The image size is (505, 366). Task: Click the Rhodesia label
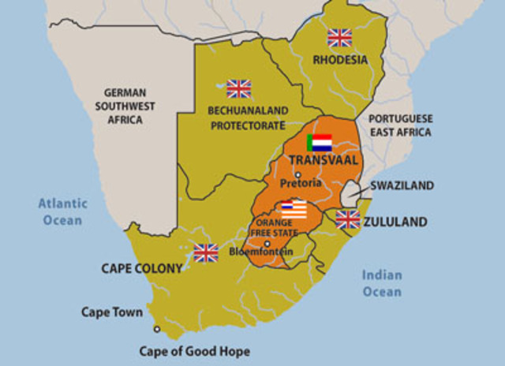pyautogui.click(x=339, y=59)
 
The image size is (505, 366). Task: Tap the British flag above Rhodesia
pyautogui.click(x=339, y=38)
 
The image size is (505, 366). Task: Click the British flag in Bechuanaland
pyautogui.click(x=238, y=88)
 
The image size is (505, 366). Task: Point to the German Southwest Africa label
pyautogui.click(x=125, y=106)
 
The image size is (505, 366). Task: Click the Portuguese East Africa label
pyautogui.click(x=402, y=125)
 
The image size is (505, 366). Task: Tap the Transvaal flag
pyautogui.click(x=320, y=143)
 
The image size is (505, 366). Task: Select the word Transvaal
pyautogui.click(x=324, y=160)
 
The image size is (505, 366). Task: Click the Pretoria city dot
pyautogui.click(x=297, y=174)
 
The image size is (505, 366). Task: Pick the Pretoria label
pyautogui.click(x=301, y=183)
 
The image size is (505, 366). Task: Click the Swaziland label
pyautogui.click(x=402, y=185)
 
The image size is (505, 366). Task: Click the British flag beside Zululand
pyautogui.click(x=347, y=219)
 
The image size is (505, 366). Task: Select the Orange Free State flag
pyautogui.click(x=294, y=209)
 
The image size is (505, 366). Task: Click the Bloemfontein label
pyautogui.click(x=260, y=252)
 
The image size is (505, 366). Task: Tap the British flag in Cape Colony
pyautogui.click(x=206, y=252)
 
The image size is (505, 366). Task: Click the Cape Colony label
pyautogui.click(x=141, y=268)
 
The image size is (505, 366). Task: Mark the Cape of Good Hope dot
pyautogui.click(x=157, y=329)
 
